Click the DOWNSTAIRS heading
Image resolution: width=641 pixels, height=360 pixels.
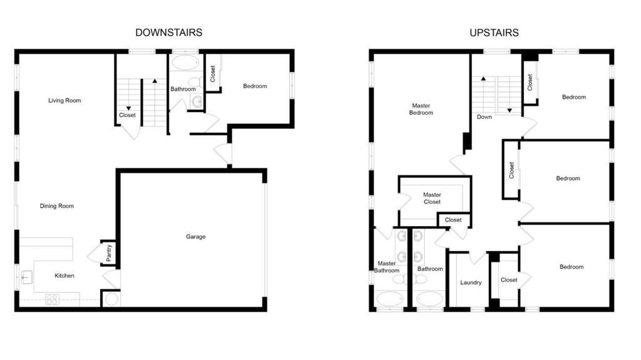coord(169,33)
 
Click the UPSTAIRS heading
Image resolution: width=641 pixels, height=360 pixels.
coord(494,33)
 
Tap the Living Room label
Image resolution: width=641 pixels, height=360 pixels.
coord(64,101)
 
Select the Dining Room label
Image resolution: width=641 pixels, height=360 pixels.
coord(57,206)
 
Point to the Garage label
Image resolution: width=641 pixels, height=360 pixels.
coord(195,237)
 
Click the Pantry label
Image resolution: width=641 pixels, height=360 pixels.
coord(109,253)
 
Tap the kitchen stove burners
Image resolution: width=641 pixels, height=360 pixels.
coord(53,300)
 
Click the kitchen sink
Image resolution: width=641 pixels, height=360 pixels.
coord(26,277)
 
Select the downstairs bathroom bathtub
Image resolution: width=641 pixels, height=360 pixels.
coord(185,63)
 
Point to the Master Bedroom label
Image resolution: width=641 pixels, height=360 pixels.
coord(421,109)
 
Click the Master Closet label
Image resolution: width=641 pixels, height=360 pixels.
coord(432,198)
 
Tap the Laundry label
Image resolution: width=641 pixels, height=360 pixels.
coord(471,283)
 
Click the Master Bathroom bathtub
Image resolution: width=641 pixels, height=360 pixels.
coord(390,299)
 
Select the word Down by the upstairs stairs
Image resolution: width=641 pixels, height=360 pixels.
coord(485,117)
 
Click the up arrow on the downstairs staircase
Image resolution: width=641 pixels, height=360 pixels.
coord(155,81)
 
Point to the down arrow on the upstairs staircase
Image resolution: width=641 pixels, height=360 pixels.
coord(510,110)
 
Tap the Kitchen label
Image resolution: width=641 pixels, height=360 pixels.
coord(64,275)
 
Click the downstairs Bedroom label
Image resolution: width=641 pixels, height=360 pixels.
coord(255,86)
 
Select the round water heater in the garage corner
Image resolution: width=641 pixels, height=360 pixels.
coord(111,299)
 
